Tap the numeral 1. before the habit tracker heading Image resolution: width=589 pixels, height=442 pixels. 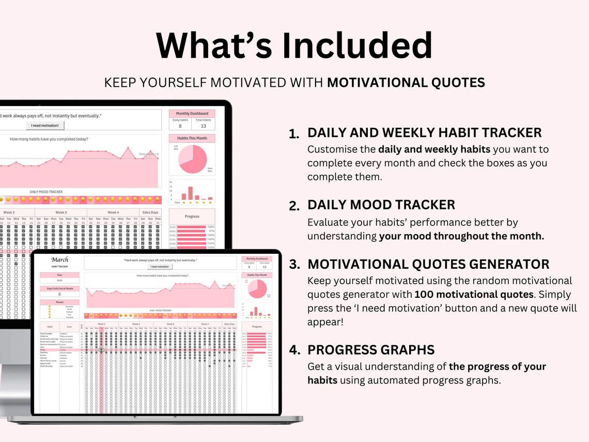point(294,134)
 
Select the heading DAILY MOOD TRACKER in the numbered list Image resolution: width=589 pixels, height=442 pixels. point(381,205)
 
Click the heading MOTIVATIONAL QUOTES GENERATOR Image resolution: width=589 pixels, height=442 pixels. point(428,264)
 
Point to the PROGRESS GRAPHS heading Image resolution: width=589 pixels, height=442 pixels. point(371,350)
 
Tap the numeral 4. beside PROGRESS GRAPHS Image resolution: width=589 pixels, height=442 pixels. point(295,350)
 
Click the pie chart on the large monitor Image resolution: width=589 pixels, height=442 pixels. point(192,159)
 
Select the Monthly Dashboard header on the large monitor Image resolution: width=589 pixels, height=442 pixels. point(192,113)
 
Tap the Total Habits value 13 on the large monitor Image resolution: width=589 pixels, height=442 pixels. point(203,126)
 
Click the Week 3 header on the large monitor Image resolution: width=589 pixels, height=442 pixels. point(61,212)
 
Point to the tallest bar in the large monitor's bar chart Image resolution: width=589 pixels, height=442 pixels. point(190,193)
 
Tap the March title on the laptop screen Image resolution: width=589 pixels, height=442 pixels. point(59,260)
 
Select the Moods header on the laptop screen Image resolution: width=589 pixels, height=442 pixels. point(59,302)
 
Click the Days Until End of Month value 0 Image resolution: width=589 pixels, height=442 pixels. point(59,294)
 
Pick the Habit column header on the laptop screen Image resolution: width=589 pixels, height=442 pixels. point(50,326)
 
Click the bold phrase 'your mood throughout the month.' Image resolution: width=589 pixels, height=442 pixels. point(461,236)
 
